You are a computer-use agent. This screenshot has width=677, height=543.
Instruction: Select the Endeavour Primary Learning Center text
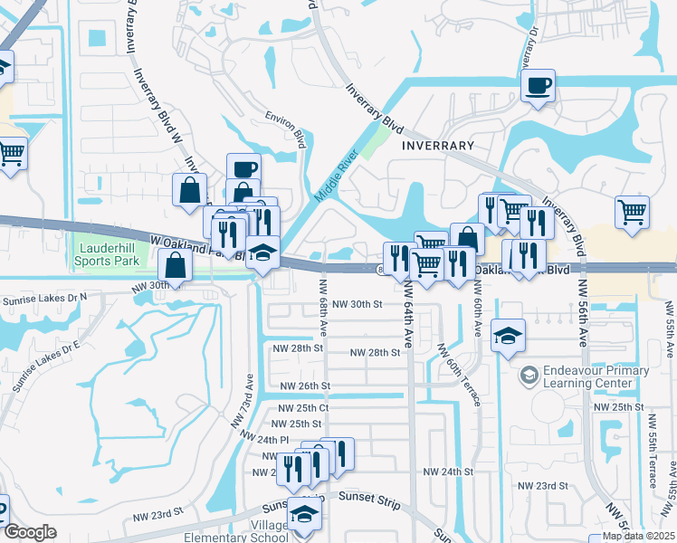596,376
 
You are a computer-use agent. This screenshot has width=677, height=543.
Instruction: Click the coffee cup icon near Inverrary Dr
539,86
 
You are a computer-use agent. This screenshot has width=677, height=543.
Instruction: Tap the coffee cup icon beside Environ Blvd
243,169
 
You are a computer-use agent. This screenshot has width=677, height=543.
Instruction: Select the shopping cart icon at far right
632,213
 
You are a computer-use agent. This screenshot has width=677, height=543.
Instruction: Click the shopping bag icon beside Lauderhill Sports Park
176,266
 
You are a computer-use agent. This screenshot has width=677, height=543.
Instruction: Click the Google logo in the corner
30,532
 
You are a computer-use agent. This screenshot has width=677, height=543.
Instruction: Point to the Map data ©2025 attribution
638,536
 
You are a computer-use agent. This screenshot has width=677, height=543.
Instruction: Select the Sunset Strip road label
368,496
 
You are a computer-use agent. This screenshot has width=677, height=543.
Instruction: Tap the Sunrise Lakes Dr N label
44,296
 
